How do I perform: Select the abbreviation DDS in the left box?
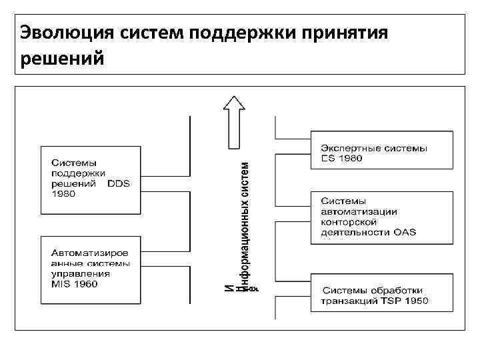(121, 183)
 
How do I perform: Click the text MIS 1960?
(75, 284)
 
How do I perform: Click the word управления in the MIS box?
(76, 274)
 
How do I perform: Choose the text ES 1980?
(341, 158)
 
